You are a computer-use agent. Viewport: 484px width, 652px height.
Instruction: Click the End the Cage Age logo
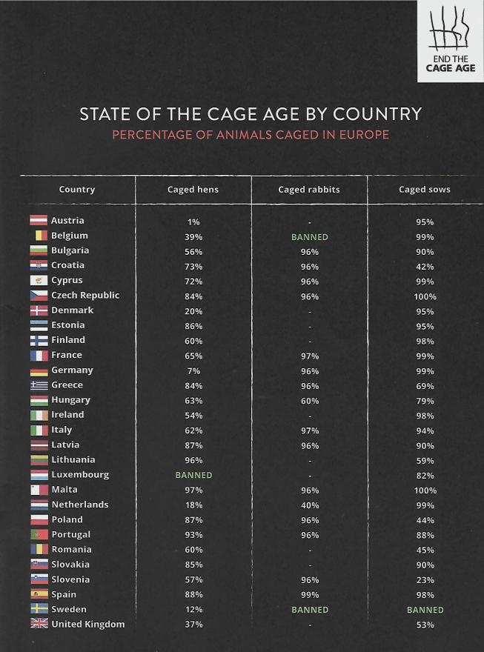450,41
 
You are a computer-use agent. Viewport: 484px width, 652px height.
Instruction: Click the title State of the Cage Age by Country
251,114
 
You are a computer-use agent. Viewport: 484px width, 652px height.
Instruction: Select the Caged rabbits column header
309,190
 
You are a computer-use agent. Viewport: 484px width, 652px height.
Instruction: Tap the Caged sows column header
425,190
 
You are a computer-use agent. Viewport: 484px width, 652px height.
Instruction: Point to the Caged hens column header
193,190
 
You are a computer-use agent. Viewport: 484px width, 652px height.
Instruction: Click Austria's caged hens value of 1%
193,222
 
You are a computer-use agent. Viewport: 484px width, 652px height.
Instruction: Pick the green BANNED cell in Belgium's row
309,237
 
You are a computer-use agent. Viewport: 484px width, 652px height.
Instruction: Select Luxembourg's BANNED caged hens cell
193,475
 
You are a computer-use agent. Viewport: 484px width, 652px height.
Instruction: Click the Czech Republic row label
84,296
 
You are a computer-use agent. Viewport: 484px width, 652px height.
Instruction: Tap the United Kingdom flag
39,624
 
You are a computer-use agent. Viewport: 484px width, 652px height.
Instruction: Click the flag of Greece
39,385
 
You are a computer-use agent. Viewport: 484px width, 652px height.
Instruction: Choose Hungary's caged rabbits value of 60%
309,401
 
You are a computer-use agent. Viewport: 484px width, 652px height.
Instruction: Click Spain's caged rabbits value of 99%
309,595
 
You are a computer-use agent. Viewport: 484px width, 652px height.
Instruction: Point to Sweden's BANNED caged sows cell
425,610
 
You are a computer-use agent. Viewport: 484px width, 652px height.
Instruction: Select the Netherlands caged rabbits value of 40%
309,505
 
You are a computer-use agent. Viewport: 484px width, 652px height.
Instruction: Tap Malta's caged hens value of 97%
193,490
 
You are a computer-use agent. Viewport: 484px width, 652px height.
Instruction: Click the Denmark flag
39,310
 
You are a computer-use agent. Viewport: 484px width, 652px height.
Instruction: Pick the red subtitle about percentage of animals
251,135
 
